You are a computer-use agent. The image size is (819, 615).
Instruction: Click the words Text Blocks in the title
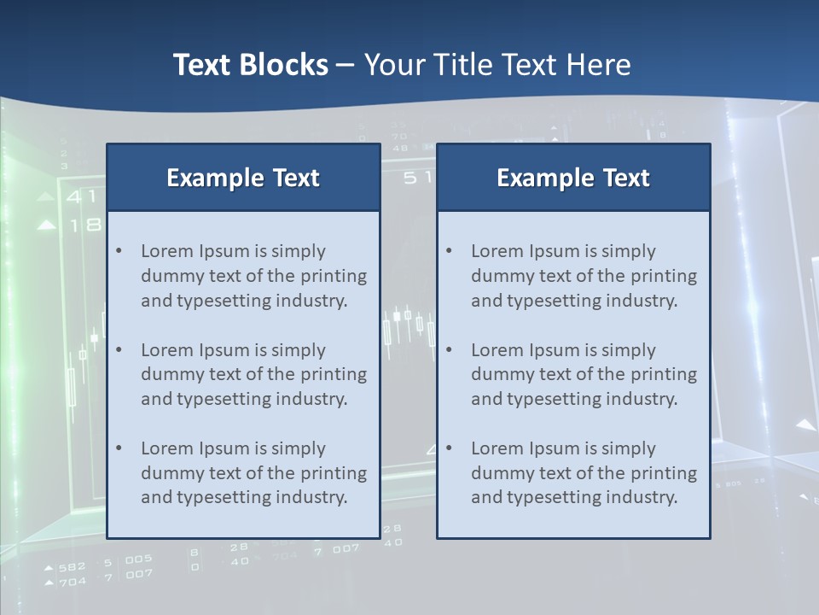pyautogui.click(x=250, y=65)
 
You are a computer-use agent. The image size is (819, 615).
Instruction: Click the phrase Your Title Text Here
pyautogui.click(x=497, y=65)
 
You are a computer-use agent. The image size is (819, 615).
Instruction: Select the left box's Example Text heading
pyautogui.click(x=243, y=178)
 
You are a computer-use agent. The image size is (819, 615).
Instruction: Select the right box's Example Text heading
pyautogui.click(x=573, y=178)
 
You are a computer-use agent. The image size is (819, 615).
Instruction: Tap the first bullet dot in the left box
pyautogui.click(x=119, y=250)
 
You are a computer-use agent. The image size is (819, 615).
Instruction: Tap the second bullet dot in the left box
pyautogui.click(x=119, y=349)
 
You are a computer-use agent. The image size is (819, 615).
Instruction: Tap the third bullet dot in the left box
pyautogui.click(x=119, y=448)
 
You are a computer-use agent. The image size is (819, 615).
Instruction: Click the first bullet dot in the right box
pyautogui.click(x=449, y=250)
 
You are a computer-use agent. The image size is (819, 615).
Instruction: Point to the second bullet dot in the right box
pyautogui.click(x=449, y=349)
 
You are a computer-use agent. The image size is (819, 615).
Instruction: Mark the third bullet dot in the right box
pyautogui.click(x=449, y=448)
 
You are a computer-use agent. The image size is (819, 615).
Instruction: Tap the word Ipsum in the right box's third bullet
pyautogui.click(x=555, y=448)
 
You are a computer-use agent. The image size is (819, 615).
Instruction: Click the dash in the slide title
pyautogui.click(x=346, y=66)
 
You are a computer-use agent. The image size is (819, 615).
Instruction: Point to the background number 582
pyautogui.click(x=73, y=566)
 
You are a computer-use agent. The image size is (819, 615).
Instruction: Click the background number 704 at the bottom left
pyautogui.click(x=73, y=582)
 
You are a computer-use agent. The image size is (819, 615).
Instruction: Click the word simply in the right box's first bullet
pyautogui.click(x=628, y=251)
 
